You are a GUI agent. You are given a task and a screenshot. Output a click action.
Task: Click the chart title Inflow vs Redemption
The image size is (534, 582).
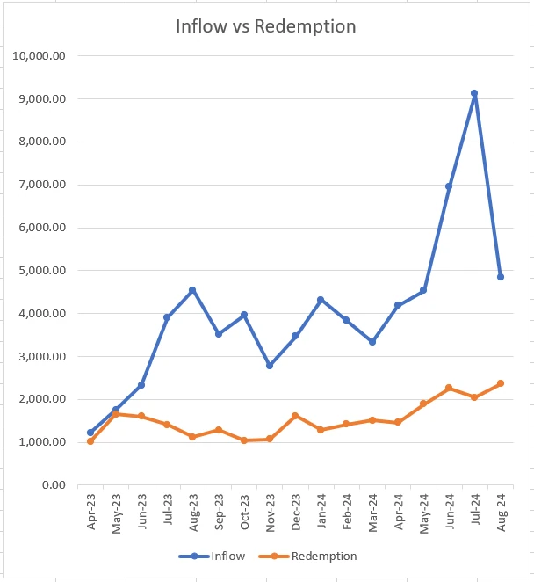265,26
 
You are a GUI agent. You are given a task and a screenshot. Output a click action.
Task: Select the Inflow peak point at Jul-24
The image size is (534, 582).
474,93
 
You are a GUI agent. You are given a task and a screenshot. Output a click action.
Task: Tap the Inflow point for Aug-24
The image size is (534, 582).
501,276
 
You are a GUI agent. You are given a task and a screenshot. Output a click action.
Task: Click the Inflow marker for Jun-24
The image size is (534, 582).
449,186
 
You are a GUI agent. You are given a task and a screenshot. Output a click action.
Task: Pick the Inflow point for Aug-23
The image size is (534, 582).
192,290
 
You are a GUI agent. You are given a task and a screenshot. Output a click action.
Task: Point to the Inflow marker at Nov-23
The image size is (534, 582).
270,365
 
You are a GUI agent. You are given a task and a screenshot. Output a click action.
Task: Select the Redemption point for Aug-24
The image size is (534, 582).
501,383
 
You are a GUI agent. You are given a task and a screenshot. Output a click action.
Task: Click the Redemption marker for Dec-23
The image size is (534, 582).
295,416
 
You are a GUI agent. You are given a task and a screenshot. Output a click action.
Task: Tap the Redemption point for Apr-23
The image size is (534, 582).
90,440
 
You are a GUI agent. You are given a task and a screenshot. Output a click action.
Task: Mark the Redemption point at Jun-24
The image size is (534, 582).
449,388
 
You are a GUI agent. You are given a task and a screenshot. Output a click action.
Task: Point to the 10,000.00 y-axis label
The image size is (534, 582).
40,56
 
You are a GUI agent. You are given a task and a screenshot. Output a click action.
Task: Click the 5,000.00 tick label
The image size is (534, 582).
42,271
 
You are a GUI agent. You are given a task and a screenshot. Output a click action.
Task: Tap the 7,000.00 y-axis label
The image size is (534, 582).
42,185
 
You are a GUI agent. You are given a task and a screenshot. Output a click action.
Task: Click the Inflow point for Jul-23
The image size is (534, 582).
167,317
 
